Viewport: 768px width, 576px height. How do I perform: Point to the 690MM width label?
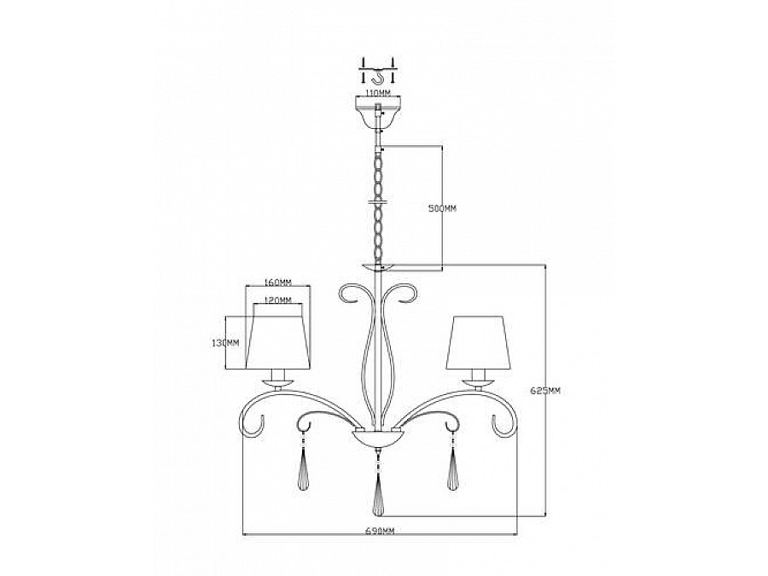[x=381, y=532]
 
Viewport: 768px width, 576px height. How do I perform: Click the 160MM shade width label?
[x=279, y=282]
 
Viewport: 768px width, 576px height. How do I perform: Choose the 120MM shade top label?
[x=278, y=300]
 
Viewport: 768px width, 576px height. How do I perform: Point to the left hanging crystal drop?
[x=305, y=468]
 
